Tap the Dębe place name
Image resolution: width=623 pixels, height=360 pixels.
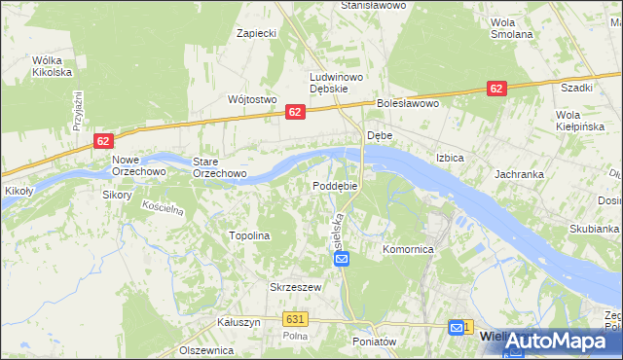pos(379,135)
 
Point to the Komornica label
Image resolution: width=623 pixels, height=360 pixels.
pos(407,250)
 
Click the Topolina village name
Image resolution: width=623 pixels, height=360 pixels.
pos(248,235)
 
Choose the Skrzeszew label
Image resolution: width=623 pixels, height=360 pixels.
pos(295,287)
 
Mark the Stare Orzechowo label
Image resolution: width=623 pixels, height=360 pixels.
pos(219,167)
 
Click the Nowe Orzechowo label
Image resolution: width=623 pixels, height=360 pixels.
pos(133,166)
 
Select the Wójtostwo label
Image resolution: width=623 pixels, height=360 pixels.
pos(252,99)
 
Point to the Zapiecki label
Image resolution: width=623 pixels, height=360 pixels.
pos(257,33)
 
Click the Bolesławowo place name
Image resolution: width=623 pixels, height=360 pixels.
pos(409,103)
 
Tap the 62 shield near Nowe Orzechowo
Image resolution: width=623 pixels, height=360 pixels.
pos(103,141)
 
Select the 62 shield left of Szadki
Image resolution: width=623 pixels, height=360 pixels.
pos(496,89)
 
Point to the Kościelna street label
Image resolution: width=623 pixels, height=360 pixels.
pos(163,208)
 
